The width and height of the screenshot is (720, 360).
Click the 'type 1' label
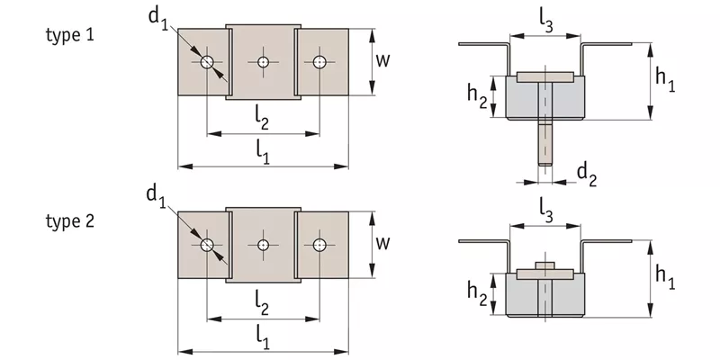click(70, 35)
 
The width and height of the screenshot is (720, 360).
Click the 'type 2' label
click(70, 221)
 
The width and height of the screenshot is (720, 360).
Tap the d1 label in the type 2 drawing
click(157, 196)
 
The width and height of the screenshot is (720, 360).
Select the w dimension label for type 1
click(383, 60)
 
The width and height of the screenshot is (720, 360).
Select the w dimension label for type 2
click(383, 243)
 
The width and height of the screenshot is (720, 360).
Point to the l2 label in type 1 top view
click(262, 121)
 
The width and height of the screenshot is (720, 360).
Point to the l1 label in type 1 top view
click(262, 152)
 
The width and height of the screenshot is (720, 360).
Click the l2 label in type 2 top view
click(262, 305)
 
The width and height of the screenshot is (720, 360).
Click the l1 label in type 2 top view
click(262, 338)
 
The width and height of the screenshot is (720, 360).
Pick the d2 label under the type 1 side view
click(587, 175)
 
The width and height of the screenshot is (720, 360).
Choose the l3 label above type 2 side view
click(545, 212)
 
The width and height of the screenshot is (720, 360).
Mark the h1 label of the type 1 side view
click(665, 81)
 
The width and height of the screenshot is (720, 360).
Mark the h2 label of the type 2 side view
click(477, 292)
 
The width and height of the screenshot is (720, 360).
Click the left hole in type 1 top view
click(207, 61)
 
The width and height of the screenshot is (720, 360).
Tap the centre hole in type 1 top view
click(263, 61)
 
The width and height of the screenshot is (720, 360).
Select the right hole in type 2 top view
click(319, 245)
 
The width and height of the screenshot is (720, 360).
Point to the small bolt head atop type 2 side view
click(545, 265)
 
